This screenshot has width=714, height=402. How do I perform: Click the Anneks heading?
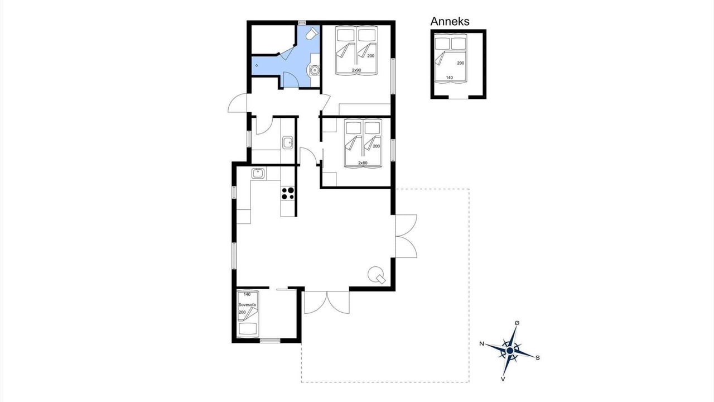[450, 21]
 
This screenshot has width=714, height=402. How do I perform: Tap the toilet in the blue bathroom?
[312, 33]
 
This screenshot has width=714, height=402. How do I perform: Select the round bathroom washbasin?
[315, 70]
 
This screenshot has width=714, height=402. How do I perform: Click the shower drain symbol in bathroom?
[257, 65]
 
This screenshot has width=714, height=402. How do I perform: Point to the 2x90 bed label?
[356, 70]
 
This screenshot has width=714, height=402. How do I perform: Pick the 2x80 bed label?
[363, 162]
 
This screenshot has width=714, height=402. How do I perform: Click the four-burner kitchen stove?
[288, 194]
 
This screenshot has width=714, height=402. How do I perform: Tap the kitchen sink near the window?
[258, 174]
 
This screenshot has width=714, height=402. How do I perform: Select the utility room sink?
[288, 142]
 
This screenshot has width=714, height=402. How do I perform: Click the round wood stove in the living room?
[376, 274]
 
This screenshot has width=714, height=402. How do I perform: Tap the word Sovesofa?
[247, 305]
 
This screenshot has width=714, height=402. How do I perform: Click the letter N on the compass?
[481, 343]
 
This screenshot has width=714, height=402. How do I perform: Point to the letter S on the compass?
[537, 358]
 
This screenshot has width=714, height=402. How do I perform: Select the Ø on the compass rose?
[517, 323]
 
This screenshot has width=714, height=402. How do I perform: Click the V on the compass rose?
[503, 379]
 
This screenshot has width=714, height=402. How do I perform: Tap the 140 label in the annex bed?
[450, 78]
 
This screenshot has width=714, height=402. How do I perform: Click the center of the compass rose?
[510, 351]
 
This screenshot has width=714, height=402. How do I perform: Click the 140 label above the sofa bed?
[247, 294]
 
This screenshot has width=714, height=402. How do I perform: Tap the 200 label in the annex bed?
[461, 63]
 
